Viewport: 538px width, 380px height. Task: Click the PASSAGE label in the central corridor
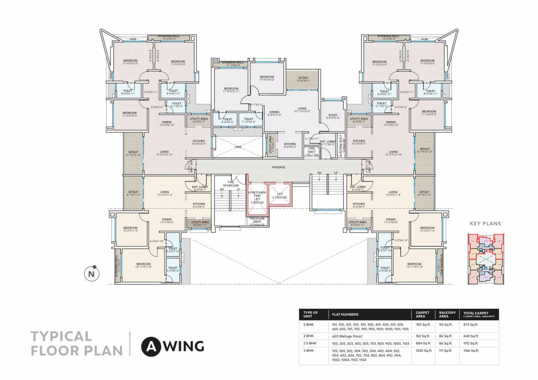click(x=278, y=167)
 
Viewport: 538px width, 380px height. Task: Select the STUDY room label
click(x=332, y=117)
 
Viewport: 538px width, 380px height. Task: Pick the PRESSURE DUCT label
click(x=257, y=221)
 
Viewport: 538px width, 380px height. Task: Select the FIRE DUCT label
click(x=312, y=151)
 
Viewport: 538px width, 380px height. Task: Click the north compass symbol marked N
click(x=91, y=273)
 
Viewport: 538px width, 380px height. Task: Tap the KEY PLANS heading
click(x=485, y=224)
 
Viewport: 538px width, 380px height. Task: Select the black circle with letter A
click(x=150, y=346)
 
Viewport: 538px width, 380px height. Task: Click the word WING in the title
click(x=183, y=346)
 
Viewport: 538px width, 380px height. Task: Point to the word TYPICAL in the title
click(x=61, y=336)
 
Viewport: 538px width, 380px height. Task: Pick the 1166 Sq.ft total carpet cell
click(x=471, y=350)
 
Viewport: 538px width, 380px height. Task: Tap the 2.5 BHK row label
click(x=309, y=343)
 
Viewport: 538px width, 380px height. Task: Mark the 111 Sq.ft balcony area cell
click(x=444, y=350)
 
